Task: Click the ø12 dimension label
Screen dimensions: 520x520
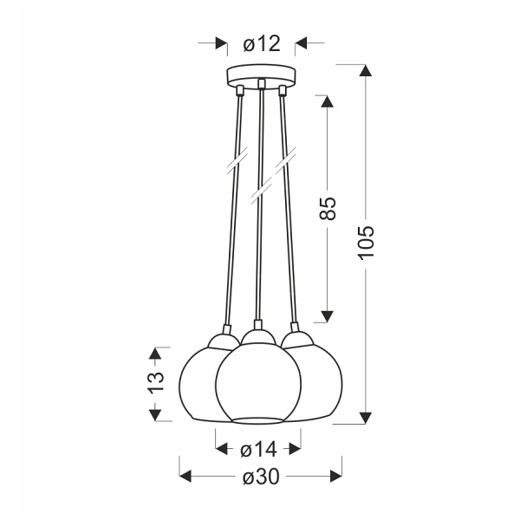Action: click(260, 43)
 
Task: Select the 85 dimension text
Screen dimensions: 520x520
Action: click(327, 209)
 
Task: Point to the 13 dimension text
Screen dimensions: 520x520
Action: click(154, 383)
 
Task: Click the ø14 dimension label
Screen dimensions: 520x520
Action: click(257, 449)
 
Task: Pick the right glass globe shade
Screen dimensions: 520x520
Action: click(316, 381)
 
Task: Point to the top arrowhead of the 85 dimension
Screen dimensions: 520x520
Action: click(327, 101)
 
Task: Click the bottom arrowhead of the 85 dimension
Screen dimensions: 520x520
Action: click(327, 314)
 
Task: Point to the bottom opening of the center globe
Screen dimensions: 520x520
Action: click(257, 419)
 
